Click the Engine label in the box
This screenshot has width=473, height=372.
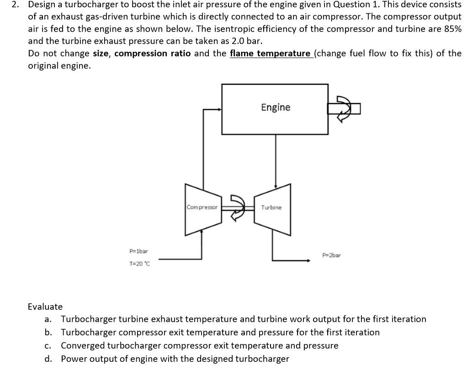[276, 107]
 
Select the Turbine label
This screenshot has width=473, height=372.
[271, 207]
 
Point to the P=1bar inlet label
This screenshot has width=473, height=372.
[138, 251]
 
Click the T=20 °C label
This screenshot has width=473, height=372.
[139, 264]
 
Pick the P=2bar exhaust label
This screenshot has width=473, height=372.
[331, 255]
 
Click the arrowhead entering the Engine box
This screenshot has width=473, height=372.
[219, 109]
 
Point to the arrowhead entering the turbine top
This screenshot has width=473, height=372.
[275, 186]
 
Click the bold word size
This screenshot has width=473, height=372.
[101, 53]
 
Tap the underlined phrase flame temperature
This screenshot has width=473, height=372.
[270, 53]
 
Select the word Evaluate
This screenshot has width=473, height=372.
[45, 306]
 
